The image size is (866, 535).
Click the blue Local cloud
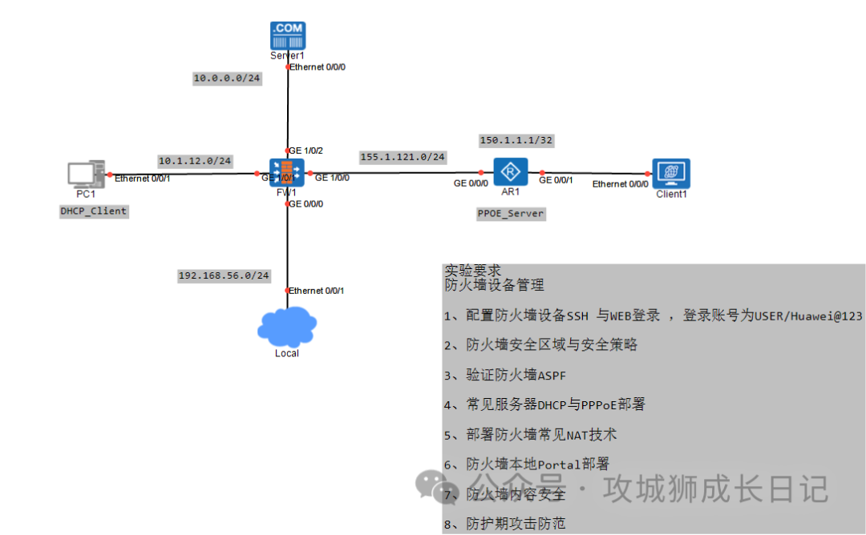(287, 326)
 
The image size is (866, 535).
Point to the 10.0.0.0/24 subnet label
(227, 78)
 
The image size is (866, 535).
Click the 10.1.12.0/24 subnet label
(195, 161)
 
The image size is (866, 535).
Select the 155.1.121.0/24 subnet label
(403, 157)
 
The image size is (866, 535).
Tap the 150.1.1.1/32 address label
(516, 140)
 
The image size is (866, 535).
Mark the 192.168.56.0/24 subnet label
(224, 276)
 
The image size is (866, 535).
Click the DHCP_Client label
(94, 211)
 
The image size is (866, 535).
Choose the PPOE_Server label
(511, 214)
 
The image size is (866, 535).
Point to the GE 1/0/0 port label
(332, 177)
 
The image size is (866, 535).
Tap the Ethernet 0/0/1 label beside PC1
(143, 178)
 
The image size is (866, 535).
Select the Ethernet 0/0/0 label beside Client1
(620, 184)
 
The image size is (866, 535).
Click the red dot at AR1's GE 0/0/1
(542, 172)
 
